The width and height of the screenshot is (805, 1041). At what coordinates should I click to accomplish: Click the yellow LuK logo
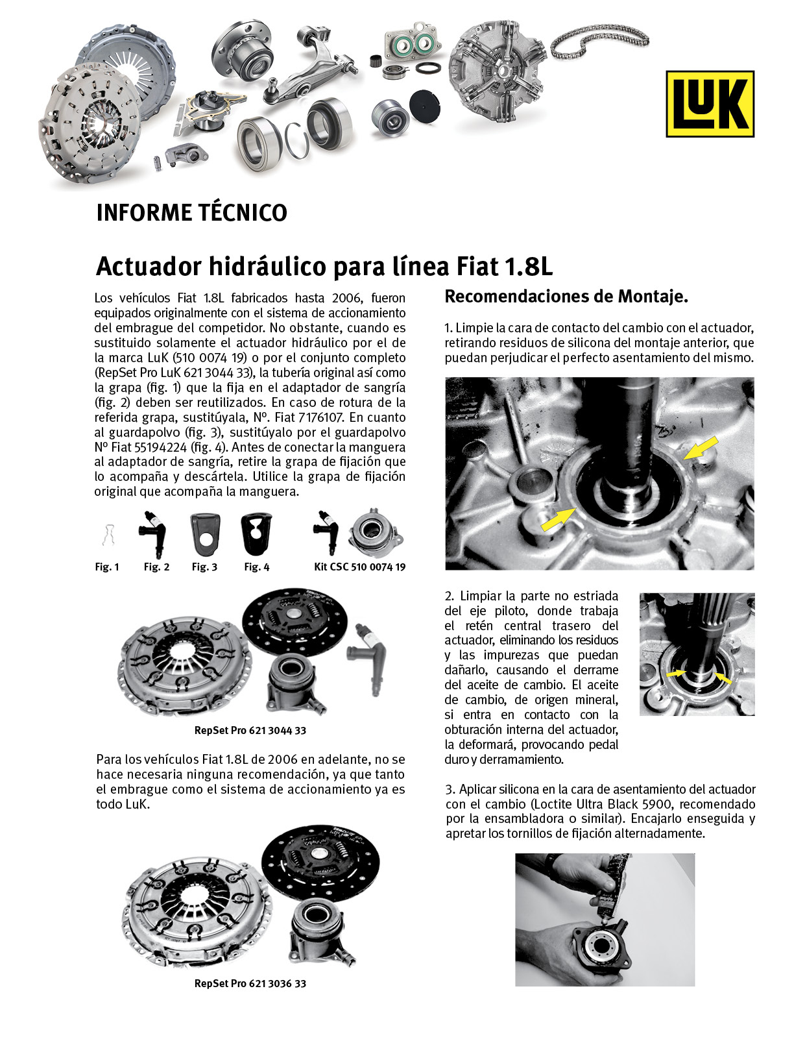point(710,104)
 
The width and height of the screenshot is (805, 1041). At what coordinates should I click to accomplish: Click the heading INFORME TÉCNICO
point(191,213)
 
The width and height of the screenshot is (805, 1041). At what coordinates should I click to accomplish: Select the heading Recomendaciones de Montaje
point(566,297)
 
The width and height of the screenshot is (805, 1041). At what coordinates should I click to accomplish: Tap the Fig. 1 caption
point(107,567)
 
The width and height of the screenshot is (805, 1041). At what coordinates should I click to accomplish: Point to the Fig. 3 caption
point(204,567)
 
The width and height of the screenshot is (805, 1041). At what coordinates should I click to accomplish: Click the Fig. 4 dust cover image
point(256,534)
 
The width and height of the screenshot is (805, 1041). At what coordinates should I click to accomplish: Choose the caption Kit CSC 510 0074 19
point(359,567)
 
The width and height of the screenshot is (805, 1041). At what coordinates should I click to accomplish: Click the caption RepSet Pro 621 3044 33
point(250,730)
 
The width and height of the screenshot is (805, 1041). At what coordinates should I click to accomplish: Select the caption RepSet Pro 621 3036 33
point(250,983)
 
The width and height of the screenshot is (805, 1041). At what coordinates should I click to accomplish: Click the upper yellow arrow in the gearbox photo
point(701,448)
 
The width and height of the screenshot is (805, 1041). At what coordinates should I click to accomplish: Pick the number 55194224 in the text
point(160,447)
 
